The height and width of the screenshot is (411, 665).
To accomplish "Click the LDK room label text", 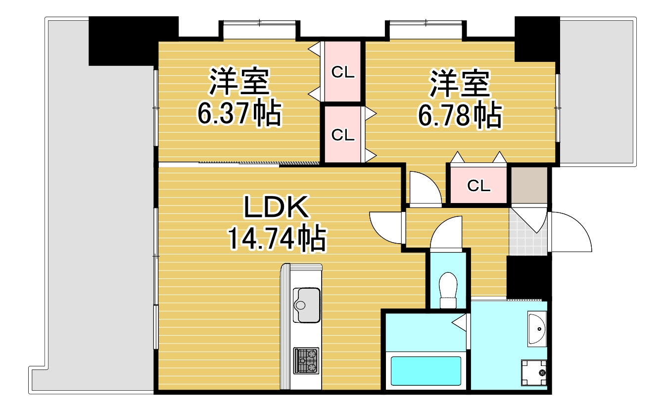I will tap(276, 208).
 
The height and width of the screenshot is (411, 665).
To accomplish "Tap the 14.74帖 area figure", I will tap(276, 240).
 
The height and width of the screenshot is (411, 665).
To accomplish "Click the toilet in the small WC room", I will tap(448, 290).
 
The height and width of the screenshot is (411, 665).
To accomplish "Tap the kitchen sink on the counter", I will tap(306, 305).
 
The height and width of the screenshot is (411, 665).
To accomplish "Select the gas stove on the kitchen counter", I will tap(306, 360).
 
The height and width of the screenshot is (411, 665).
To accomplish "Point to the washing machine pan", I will tap(533, 372).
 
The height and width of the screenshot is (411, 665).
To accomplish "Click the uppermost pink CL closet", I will tap(343, 72).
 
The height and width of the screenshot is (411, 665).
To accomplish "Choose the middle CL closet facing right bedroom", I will tap(343, 135).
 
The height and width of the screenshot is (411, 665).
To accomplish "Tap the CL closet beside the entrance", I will tap(478, 186).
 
